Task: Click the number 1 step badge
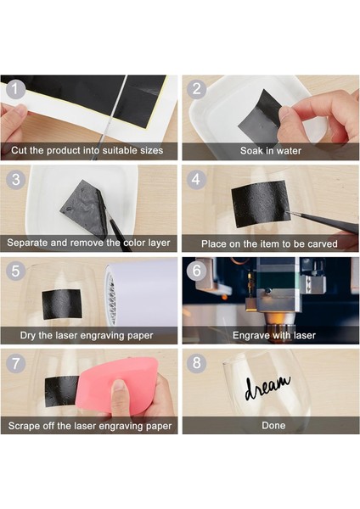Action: [15, 89]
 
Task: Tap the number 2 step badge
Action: [197, 89]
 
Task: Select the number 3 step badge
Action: [15, 180]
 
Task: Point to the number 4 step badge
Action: [196, 180]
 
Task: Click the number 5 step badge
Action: [15, 271]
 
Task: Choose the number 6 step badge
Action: [196, 271]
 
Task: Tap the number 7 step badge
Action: [15, 363]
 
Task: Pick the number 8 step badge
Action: [196, 362]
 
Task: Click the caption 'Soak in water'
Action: [271, 151]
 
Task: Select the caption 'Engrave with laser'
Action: [274, 335]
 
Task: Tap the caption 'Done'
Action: [273, 426]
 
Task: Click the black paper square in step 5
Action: [62, 304]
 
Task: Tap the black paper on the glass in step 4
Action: [261, 204]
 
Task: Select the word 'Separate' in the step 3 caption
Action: [26, 243]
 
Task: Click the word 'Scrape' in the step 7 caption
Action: [24, 426]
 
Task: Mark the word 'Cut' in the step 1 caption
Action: [19, 150]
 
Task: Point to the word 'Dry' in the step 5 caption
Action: [28, 335]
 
